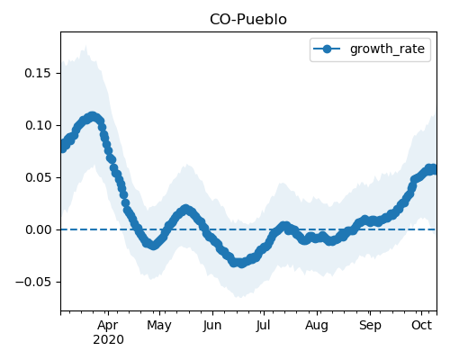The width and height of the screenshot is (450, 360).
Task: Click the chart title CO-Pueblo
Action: [x=248, y=20]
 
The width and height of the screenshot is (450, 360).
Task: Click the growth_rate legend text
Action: [x=387, y=49]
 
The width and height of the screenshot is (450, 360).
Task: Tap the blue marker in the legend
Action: [x=327, y=49]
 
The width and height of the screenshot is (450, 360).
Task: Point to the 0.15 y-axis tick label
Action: [x=38, y=73]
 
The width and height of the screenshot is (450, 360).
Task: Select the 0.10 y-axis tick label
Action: [x=38, y=125]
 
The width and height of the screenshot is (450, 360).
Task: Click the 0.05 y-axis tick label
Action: [x=38, y=177]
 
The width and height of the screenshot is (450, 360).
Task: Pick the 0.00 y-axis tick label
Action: [x=38, y=229]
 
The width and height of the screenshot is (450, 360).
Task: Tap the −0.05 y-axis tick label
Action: [x=33, y=282]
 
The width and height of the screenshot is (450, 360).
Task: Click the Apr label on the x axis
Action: [x=108, y=326]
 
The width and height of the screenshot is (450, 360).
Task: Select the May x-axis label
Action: [x=159, y=326]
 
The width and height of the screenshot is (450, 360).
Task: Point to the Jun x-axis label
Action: [x=212, y=326]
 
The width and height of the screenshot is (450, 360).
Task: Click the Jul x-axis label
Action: [x=264, y=326]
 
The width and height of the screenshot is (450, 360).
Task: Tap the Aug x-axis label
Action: [x=317, y=326]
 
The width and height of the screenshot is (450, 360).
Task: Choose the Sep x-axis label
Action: [x=370, y=326]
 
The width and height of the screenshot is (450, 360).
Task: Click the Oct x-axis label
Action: [x=421, y=326]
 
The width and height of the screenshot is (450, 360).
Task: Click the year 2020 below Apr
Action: [x=108, y=340]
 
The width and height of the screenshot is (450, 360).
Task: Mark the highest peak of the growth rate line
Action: [x=93, y=117]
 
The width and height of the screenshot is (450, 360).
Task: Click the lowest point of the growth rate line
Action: [x=241, y=264]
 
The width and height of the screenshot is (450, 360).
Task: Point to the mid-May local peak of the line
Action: [x=185, y=209]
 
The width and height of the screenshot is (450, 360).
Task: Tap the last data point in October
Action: [x=433, y=169]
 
